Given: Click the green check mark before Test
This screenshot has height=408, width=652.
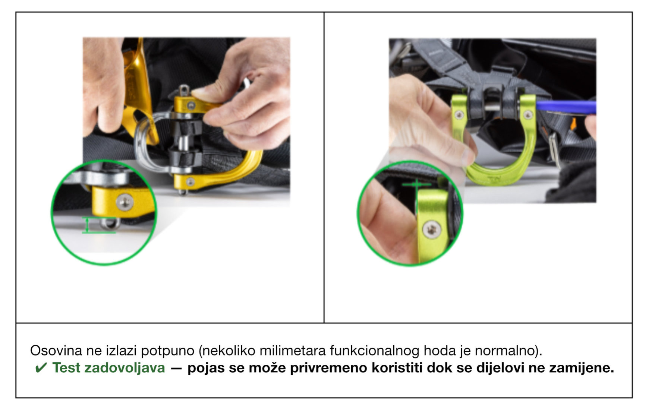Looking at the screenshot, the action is tap(41, 368).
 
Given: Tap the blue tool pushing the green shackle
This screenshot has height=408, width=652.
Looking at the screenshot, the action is tap(565, 108).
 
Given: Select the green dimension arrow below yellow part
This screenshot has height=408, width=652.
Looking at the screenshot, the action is tap(87, 225).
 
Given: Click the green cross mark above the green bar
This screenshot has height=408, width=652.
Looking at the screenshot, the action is tap(416, 184).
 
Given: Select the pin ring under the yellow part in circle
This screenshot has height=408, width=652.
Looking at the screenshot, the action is tap(110, 224).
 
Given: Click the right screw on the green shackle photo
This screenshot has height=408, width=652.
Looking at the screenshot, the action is tap(527, 114).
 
